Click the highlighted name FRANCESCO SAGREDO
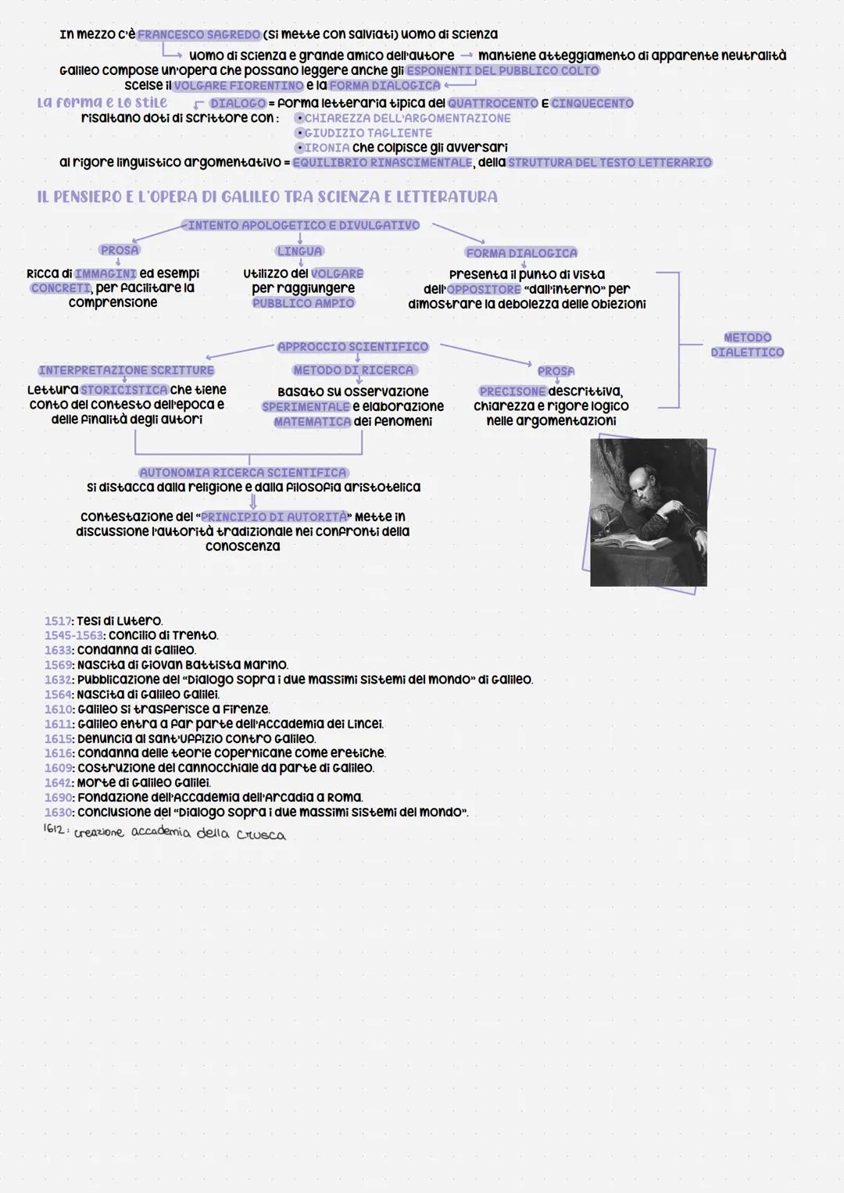pyautogui.click(x=198, y=34)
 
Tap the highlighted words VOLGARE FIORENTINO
pyautogui.click(x=238, y=86)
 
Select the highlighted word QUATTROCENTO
pyautogui.click(x=493, y=103)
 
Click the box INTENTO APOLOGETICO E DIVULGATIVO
pyautogui.click(x=301, y=225)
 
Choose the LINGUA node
pyautogui.click(x=299, y=251)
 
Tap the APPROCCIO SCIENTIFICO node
pyautogui.click(x=352, y=347)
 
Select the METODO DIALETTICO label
pyautogui.click(x=747, y=345)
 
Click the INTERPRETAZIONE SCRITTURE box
pyautogui.click(x=127, y=370)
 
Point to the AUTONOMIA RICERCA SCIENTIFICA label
pyautogui.click(x=243, y=473)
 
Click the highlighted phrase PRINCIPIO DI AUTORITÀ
pyautogui.click(x=274, y=516)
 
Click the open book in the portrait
pyautogui.click(x=631, y=542)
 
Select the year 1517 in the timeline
pyautogui.click(x=58, y=621)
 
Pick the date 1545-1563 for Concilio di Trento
pyautogui.click(x=73, y=635)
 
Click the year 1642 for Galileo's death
pyautogui.click(x=58, y=783)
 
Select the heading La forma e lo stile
pyautogui.click(x=102, y=102)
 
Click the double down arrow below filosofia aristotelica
pyautogui.click(x=253, y=501)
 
